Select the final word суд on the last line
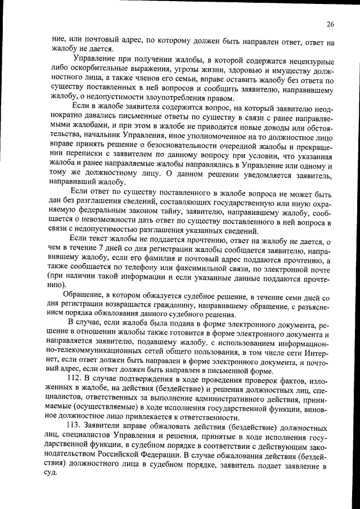coord(52,473)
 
